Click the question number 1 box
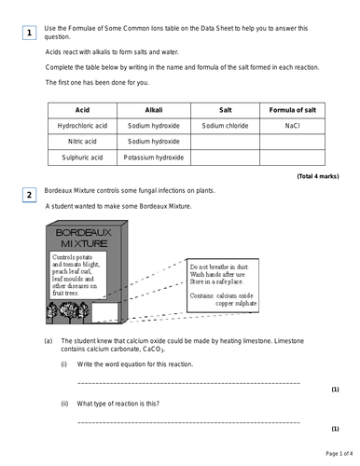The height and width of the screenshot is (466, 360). tap(30, 34)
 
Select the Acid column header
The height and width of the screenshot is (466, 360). tap(82, 108)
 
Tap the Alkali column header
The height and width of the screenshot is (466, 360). tap(153, 108)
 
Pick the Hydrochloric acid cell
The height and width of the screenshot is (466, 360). tap(82, 125)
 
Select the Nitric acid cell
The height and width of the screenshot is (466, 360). tap(82, 141)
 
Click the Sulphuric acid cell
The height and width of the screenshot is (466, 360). tap(82, 158)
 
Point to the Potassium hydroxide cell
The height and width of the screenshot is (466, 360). tap(154, 158)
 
